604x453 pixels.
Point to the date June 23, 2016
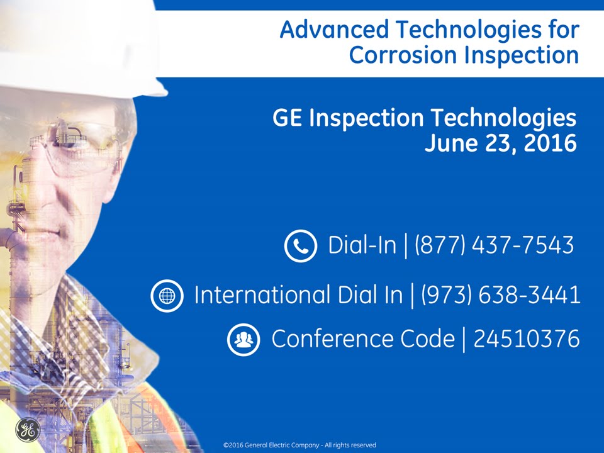click(x=500, y=143)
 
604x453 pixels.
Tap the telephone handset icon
click(x=300, y=245)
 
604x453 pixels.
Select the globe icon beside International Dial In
click(x=167, y=296)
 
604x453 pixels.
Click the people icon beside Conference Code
click(x=243, y=340)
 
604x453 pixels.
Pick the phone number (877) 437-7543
click(x=494, y=245)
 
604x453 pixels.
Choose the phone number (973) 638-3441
click(x=500, y=295)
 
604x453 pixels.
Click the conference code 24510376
click(x=526, y=339)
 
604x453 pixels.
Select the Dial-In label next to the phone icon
click(x=362, y=245)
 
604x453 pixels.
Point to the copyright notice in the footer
click(x=299, y=445)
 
